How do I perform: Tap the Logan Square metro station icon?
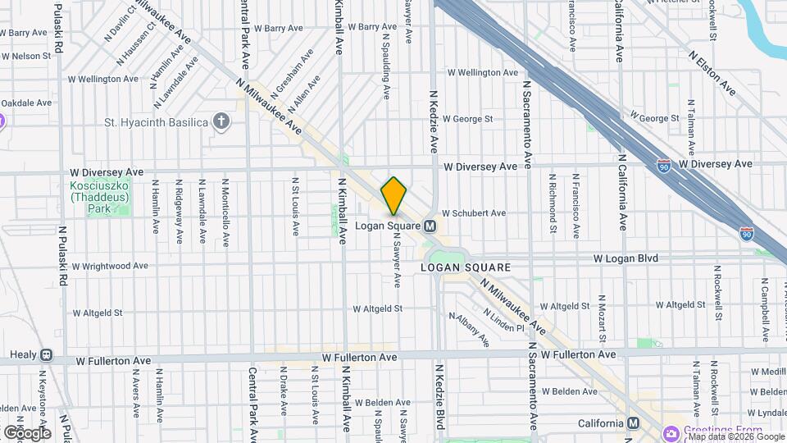coord(429,226)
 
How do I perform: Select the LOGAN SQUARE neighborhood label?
coord(465,267)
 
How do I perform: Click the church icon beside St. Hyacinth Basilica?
coord(220,123)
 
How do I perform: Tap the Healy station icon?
coord(46,356)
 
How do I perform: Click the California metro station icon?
coord(633,423)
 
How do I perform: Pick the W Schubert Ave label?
coord(474,213)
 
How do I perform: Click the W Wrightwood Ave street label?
coord(109,266)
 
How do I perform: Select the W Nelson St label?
coord(26,57)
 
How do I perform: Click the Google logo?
coord(26,432)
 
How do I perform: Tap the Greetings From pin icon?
coord(672,432)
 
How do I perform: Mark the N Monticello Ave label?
coord(225,212)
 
